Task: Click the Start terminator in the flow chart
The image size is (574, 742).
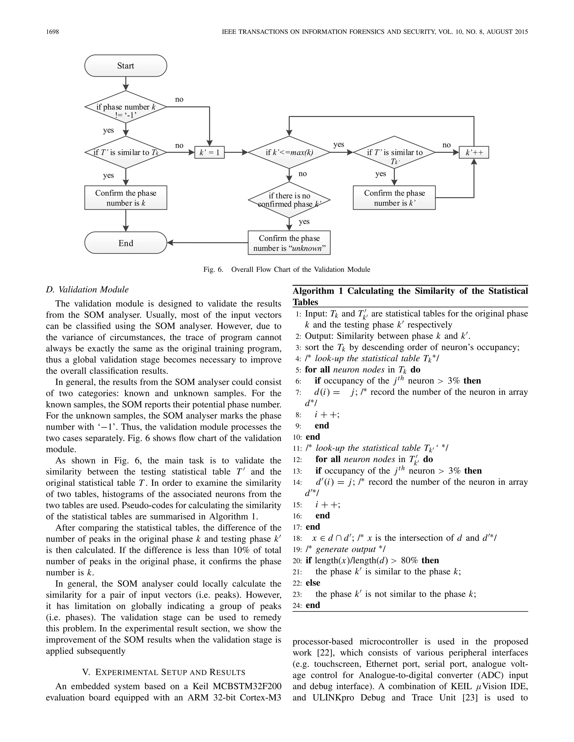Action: pos(126,66)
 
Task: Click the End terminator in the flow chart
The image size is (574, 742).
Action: pos(126,243)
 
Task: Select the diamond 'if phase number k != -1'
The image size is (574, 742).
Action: pos(126,107)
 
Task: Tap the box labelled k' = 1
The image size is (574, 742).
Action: pos(209,153)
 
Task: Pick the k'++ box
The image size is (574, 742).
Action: pos(474,153)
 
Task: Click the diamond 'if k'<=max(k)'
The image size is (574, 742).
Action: pos(289,153)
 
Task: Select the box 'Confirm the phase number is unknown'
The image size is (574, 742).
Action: pos(289,243)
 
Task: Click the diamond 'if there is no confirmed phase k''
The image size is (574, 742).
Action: pos(289,200)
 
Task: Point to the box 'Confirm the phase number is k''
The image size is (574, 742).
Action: pos(394,198)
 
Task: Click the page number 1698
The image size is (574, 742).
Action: pos(52,32)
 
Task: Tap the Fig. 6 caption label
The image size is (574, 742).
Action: pos(213,269)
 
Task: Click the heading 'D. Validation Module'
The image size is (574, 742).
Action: pos(87,290)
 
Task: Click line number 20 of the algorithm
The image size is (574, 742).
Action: pos(297,561)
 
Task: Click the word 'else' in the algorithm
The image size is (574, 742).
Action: pos(313,583)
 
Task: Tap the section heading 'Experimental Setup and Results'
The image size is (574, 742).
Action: pos(164,672)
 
